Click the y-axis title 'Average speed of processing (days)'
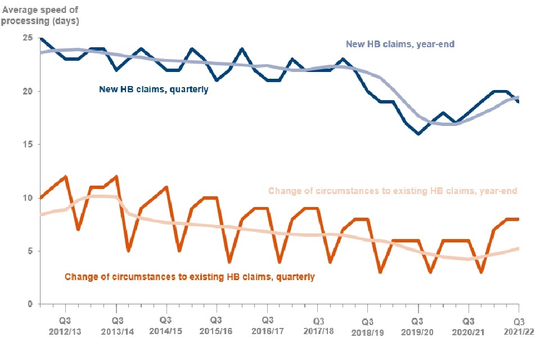click(41, 16)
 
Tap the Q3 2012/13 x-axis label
click(64, 326)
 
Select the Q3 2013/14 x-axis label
click(115, 326)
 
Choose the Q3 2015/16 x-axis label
click(215, 326)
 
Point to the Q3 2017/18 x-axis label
click(317, 326)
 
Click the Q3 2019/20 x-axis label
click(417, 326)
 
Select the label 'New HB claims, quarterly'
click(154, 89)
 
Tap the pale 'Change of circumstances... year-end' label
click(393, 191)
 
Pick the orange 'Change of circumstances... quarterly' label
click(190, 277)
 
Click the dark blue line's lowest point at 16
click(418, 134)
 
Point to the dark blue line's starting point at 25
click(39, 38)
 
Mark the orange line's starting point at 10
click(39, 197)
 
